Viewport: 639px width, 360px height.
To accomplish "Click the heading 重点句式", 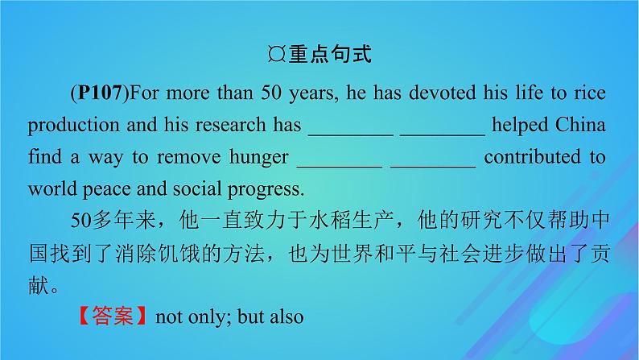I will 329,56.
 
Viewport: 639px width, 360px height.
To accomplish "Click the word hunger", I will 254,158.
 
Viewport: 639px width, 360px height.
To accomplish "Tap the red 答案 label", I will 112,316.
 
